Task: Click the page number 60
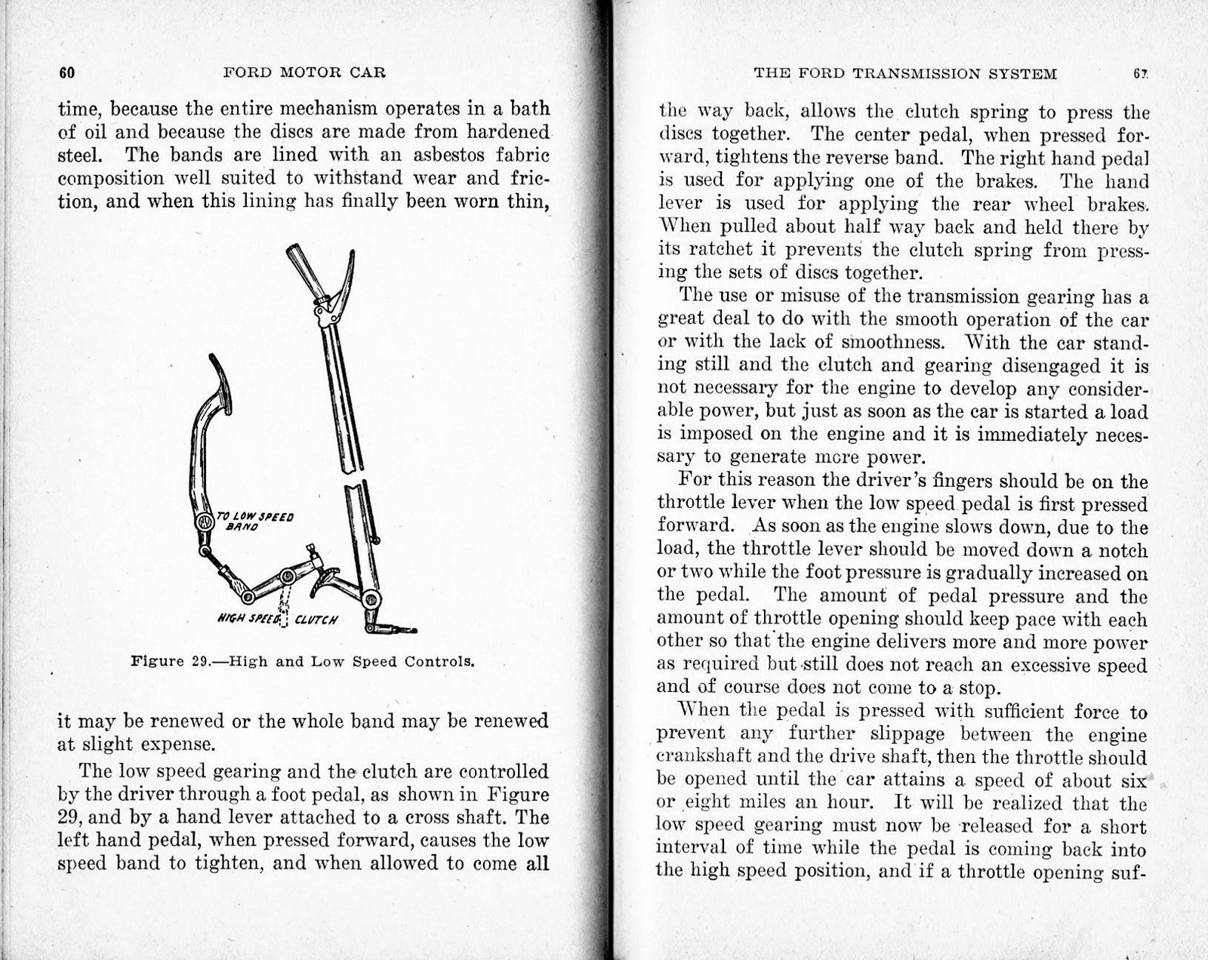tap(66, 73)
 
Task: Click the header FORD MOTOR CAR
tap(305, 73)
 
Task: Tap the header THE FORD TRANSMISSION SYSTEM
tap(904, 74)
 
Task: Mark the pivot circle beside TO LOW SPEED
tap(205, 522)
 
